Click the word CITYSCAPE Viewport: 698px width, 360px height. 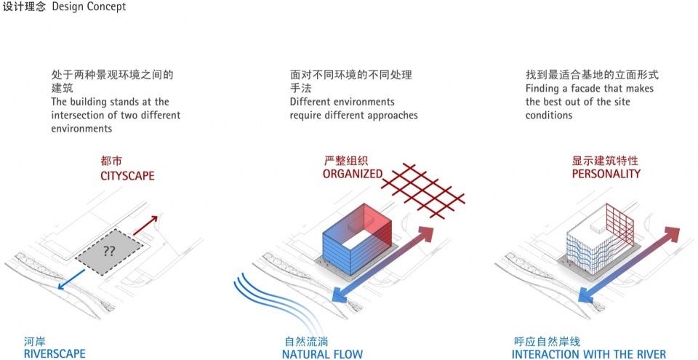tap(127, 175)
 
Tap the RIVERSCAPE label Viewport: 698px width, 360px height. tap(55, 354)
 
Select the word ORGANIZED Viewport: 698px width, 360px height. tap(353, 174)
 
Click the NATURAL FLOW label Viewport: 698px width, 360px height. tap(322, 354)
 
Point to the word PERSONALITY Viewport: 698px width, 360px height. tap(606, 174)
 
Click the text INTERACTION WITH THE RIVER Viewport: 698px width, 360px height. tap(589, 354)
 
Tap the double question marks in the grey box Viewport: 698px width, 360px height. tap(109, 252)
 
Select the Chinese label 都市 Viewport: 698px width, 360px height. tap(111, 161)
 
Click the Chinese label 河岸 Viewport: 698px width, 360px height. tap(34, 341)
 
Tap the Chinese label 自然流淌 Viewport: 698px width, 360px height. tap(305, 341)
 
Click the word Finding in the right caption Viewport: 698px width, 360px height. tap(542, 89)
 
